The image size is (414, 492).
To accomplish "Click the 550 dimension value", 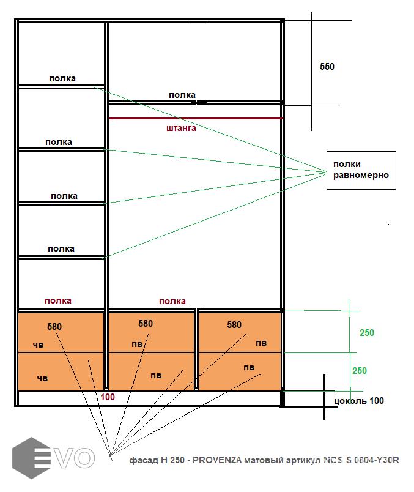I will click(327, 67).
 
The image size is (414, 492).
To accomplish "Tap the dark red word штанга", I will click(181, 129).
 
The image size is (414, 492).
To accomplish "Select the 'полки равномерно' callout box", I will click(361, 170).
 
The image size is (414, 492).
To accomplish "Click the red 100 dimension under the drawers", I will click(108, 397).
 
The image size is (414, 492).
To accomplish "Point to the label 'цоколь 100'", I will click(360, 401).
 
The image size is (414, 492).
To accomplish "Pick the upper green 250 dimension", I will click(367, 333).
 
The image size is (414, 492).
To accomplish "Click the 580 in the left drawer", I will click(54, 327).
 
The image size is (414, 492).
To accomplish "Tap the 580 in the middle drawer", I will click(146, 324).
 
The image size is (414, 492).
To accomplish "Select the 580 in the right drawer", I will click(234, 325).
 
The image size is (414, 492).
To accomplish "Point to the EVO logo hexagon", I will click(31, 458).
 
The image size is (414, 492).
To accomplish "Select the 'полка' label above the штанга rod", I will click(182, 95).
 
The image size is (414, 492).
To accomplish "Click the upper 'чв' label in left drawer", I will click(38, 345).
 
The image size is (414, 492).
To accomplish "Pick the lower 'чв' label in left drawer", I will click(42, 378).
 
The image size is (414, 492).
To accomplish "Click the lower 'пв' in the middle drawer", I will click(156, 375).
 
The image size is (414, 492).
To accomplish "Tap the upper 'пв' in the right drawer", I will click(261, 343).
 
